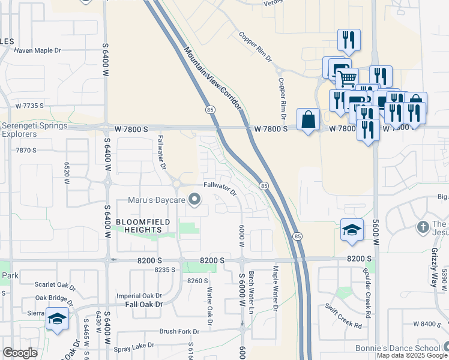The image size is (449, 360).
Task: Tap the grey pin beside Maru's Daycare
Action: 194,199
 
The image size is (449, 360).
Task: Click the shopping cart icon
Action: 346,78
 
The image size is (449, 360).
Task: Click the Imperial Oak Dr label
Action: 139,296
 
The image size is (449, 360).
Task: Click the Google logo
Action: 20,353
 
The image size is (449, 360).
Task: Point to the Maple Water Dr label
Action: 276,289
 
